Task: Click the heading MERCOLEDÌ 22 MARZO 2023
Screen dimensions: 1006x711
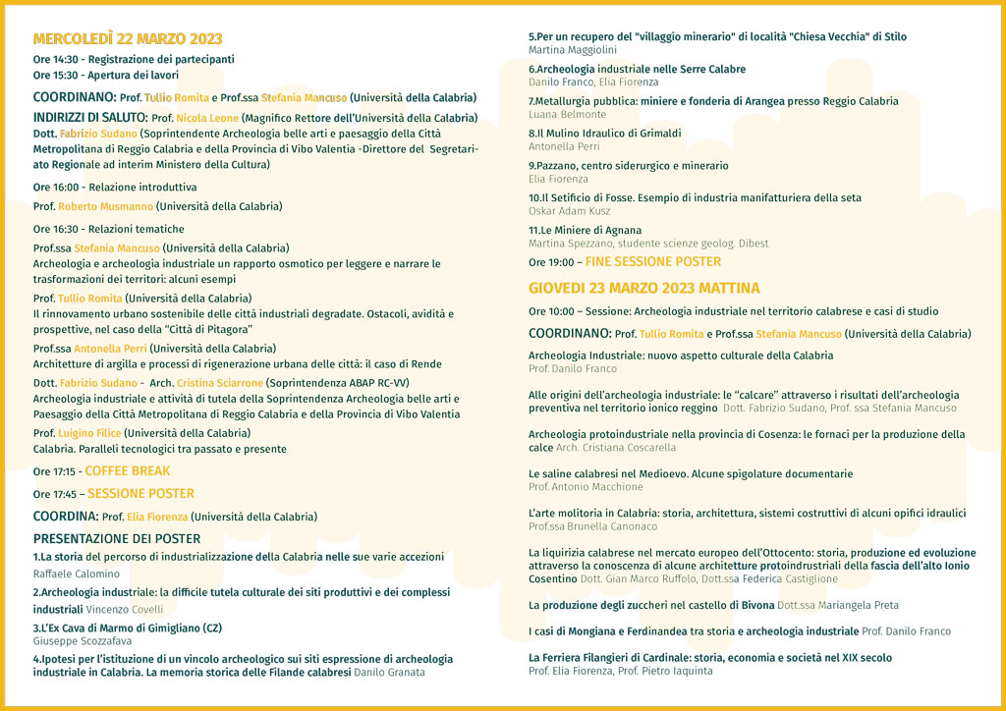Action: [128, 39]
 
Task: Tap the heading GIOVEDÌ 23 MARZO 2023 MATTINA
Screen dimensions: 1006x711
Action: [643, 288]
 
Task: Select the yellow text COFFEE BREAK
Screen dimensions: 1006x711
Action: [127, 471]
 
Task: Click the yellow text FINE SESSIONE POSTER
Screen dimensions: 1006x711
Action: [652, 262]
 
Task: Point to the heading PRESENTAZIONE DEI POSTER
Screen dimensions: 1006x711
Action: [117, 538]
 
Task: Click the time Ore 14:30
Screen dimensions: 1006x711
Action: [55, 59]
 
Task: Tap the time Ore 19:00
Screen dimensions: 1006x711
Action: [551, 262]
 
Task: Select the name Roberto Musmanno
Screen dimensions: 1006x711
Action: [105, 207]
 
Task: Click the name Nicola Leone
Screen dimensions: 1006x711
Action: [207, 118]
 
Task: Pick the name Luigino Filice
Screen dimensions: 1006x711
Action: [89, 433]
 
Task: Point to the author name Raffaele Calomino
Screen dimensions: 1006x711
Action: [77, 574]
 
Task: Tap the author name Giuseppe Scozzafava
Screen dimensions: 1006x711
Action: [83, 640]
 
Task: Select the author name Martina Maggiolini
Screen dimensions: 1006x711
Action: [573, 49]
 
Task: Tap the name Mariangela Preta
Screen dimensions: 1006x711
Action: [853, 605]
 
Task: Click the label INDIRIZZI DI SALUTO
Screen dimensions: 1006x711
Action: [89, 118]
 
